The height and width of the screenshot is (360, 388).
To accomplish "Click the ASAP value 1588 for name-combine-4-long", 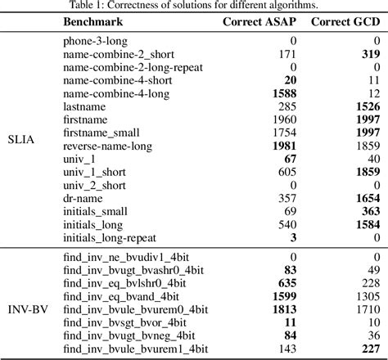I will coord(282,94).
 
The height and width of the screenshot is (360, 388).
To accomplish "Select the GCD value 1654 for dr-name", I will coord(366,199).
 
